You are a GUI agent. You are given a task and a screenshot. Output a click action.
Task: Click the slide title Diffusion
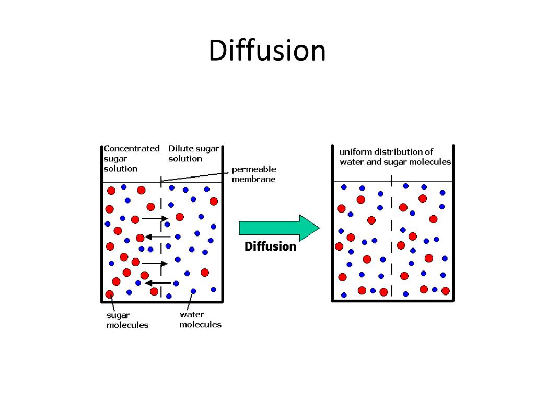point(267,51)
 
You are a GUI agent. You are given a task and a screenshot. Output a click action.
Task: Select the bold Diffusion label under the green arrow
point(270,246)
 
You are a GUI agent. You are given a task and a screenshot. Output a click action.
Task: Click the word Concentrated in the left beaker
point(132,148)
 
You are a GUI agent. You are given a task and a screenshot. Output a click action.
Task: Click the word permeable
point(254,169)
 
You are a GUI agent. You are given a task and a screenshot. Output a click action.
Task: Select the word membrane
point(253,179)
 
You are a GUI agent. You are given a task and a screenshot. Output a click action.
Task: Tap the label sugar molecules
point(127,320)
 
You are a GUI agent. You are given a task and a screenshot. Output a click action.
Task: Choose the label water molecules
point(200,319)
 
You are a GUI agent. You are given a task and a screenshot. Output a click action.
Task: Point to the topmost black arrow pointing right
point(155,218)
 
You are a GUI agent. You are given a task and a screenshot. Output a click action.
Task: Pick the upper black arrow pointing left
point(157,237)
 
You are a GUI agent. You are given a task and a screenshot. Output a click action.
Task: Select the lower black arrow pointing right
point(154,263)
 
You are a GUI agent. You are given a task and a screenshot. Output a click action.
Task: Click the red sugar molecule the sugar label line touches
point(110,294)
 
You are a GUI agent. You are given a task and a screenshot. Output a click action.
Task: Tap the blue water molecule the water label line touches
point(193,291)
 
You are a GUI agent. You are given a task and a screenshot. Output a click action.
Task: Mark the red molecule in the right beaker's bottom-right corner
point(446,291)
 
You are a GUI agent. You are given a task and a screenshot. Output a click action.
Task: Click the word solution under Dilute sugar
point(185,158)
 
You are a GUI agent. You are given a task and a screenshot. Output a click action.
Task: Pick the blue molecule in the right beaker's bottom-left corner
point(344,295)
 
